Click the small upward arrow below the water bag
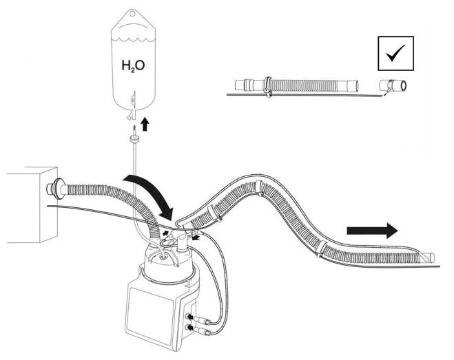coord(145,124)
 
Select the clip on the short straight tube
coord(266,85)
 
